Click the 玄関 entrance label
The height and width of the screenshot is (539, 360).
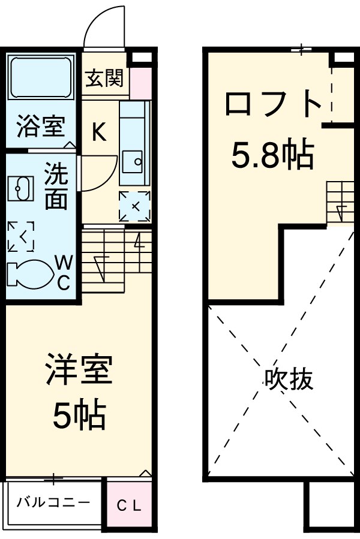point(104,78)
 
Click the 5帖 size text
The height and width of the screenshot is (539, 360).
point(79,414)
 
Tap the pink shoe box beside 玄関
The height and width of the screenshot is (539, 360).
point(140,83)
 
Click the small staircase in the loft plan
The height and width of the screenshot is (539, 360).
point(340,203)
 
